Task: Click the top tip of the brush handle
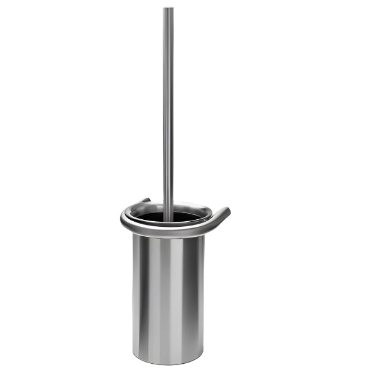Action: coord(168,9)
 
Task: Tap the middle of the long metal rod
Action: coord(168,113)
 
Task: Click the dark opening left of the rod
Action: coord(151,217)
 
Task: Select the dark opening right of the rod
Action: coord(186,217)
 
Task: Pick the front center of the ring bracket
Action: coord(168,231)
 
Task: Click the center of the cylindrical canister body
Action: coord(168,295)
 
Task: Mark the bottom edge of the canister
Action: coord(168,364)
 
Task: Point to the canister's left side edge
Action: coord(134,295)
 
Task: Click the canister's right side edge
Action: coord(204,295)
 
